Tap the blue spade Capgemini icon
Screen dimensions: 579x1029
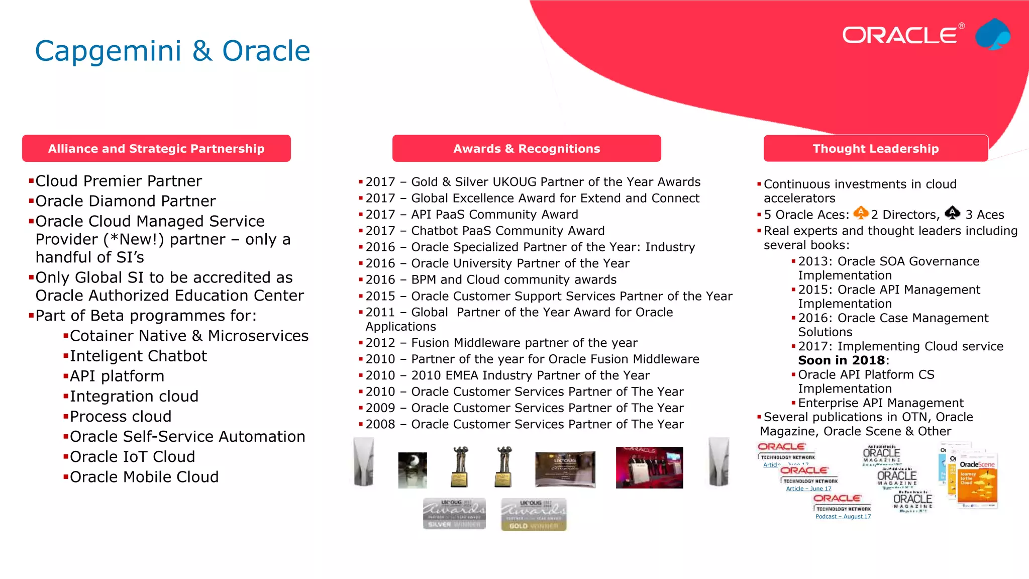tap(993, 35)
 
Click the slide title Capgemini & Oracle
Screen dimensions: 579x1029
tap(172, 51)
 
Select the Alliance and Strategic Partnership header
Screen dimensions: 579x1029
tap(156, 148)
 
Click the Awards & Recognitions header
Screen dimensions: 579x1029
tap(527, 148)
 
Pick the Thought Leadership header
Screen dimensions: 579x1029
tap(875, 148)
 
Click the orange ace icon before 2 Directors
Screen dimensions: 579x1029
tap(861, 213)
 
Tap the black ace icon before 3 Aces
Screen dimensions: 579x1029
tap(952, 213)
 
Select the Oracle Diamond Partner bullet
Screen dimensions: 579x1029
tap(125, 201)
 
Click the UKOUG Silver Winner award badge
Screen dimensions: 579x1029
tap(454, 514)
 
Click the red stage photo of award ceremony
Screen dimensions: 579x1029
tap(649, 467)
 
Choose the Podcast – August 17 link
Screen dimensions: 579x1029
tap(843, 516)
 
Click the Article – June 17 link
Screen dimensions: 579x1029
tap(808, 489)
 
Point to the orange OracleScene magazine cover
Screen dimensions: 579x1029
tap(977, 482)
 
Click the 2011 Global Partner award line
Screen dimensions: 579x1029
tap(519, 313)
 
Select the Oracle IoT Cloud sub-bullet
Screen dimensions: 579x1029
tap(132, 457)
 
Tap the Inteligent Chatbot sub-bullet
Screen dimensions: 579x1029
tap(138, 356)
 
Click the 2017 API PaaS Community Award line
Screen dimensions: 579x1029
tap(471, 215)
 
